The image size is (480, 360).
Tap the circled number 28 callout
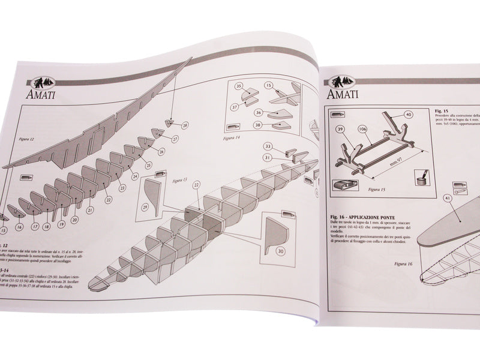184,125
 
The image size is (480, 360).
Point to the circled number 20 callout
75,220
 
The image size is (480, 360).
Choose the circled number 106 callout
363,129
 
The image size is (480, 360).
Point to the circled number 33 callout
268,146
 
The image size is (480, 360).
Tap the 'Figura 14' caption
232,137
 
